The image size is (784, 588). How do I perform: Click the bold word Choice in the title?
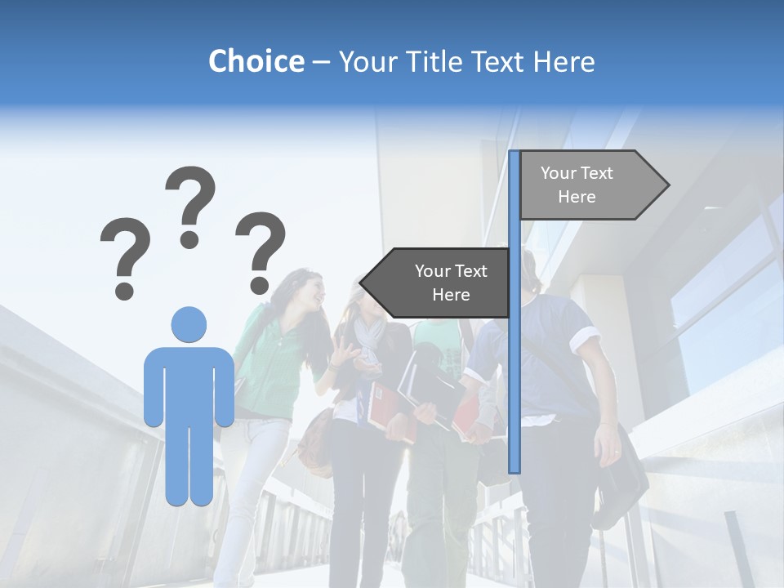coord(256,61)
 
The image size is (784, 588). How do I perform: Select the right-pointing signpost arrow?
coord(591,185)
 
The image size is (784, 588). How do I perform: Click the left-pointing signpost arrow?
coord(437,283)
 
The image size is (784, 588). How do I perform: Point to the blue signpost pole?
coord(514,367)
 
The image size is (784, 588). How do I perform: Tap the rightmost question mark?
coord(261,252)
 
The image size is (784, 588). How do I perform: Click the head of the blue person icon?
coord(189,324)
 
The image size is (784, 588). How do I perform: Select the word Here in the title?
coord(563,61)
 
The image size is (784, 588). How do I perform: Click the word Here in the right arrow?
coord(577,197)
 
